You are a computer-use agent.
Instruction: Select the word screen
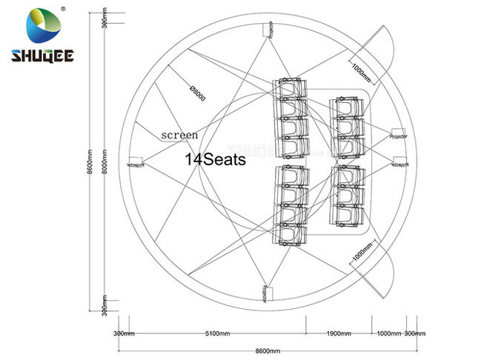pyautogui.click(x=180, y=136)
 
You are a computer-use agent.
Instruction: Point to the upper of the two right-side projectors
pyautogui.click(x=397, y=135)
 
